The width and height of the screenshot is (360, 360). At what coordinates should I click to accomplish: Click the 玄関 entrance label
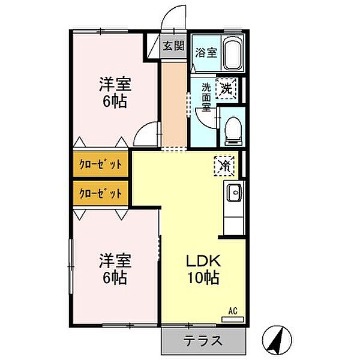pyautogui.click(x=174, y=46)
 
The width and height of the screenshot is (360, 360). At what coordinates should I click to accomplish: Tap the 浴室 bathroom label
pyautogui.click(x=206, y=52)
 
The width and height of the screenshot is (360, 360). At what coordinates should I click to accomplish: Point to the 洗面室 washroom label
pyautogui.click(x=206, y=97)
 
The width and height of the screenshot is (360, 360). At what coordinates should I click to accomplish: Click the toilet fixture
pyautogui.click(x=232, y=130)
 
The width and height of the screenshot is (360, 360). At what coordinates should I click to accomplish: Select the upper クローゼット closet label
pyautogui.click(x=101, y=164)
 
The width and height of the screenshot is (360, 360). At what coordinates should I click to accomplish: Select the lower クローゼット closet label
pyautogui.click(x=101, y=193)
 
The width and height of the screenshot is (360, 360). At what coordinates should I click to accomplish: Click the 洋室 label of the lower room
pyautogui.click(x=115, y=261)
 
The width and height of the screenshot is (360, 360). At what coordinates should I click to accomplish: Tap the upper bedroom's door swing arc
pyautogui.click(x=145, y=134)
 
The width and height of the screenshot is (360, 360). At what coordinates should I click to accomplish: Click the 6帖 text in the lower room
pyautogui.click(x=115, y=278)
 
